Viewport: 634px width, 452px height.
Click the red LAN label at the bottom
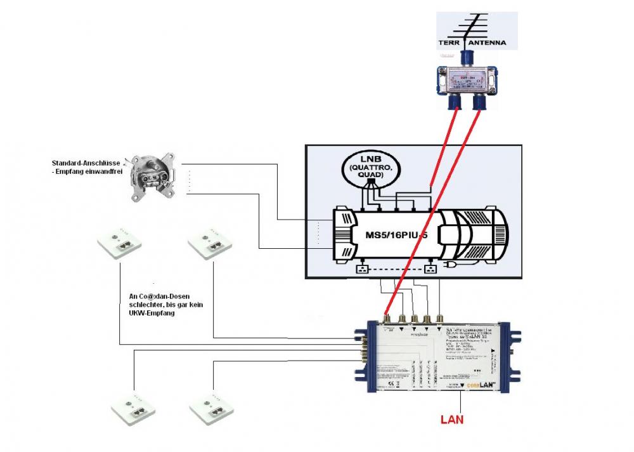[452, 419]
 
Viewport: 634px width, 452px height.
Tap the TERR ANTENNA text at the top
[472, 43]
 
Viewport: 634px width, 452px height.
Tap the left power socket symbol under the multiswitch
[363, 269]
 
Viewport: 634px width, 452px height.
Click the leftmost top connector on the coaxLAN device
[386, 317]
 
